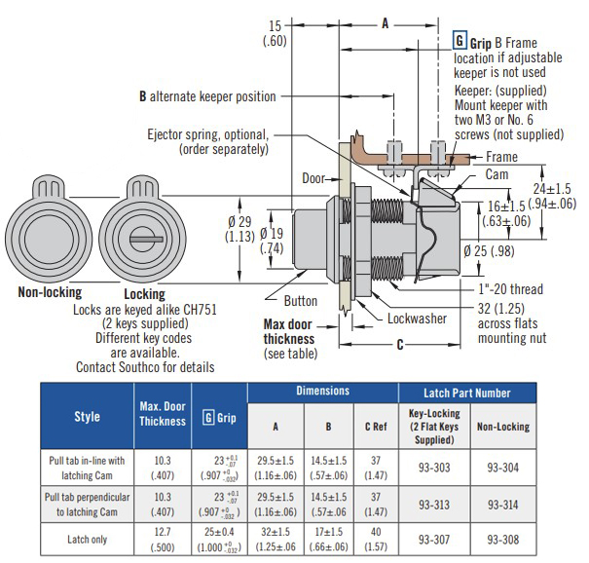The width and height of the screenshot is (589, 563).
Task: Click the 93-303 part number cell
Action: [433, 467]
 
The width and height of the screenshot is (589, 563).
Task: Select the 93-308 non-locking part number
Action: [502, 539]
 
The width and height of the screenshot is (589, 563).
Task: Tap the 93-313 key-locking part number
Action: [433, 504]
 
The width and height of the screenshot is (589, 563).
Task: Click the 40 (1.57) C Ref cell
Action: [373, 539]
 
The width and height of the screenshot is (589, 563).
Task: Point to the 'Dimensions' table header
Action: [322, 392]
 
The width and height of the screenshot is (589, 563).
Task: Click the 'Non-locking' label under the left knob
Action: [50, 292]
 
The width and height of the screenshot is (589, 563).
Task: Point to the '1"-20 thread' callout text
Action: [509, 289]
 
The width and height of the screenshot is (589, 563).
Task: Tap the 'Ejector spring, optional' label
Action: [208, 134]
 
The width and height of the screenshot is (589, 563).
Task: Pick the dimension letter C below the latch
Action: [401, 343]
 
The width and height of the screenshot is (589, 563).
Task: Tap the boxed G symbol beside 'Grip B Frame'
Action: [460, 42]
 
